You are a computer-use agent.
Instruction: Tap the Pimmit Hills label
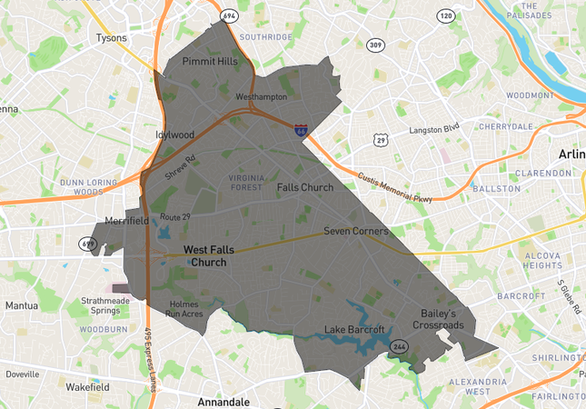click(210, 62)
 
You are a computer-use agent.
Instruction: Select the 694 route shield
click(228, 16)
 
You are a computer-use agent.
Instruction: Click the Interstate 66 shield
click(300, 131)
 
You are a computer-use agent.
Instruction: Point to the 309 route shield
click(375, 45)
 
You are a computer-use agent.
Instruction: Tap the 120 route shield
click(445, 16)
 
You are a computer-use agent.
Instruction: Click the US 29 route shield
click(381, 140)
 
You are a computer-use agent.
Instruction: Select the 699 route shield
click(88, 243)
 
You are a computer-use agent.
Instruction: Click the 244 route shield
click(399, 346)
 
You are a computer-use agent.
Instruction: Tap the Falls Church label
click(304, 187)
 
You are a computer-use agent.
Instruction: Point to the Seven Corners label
click(355, 232)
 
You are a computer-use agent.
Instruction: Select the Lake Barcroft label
click(355, 329)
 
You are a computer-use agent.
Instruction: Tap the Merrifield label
click(126, 221)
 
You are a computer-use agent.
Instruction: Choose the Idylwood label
click(174, 135)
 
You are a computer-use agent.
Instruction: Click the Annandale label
click(224, 401)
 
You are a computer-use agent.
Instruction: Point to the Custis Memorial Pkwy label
click(393, 188)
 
